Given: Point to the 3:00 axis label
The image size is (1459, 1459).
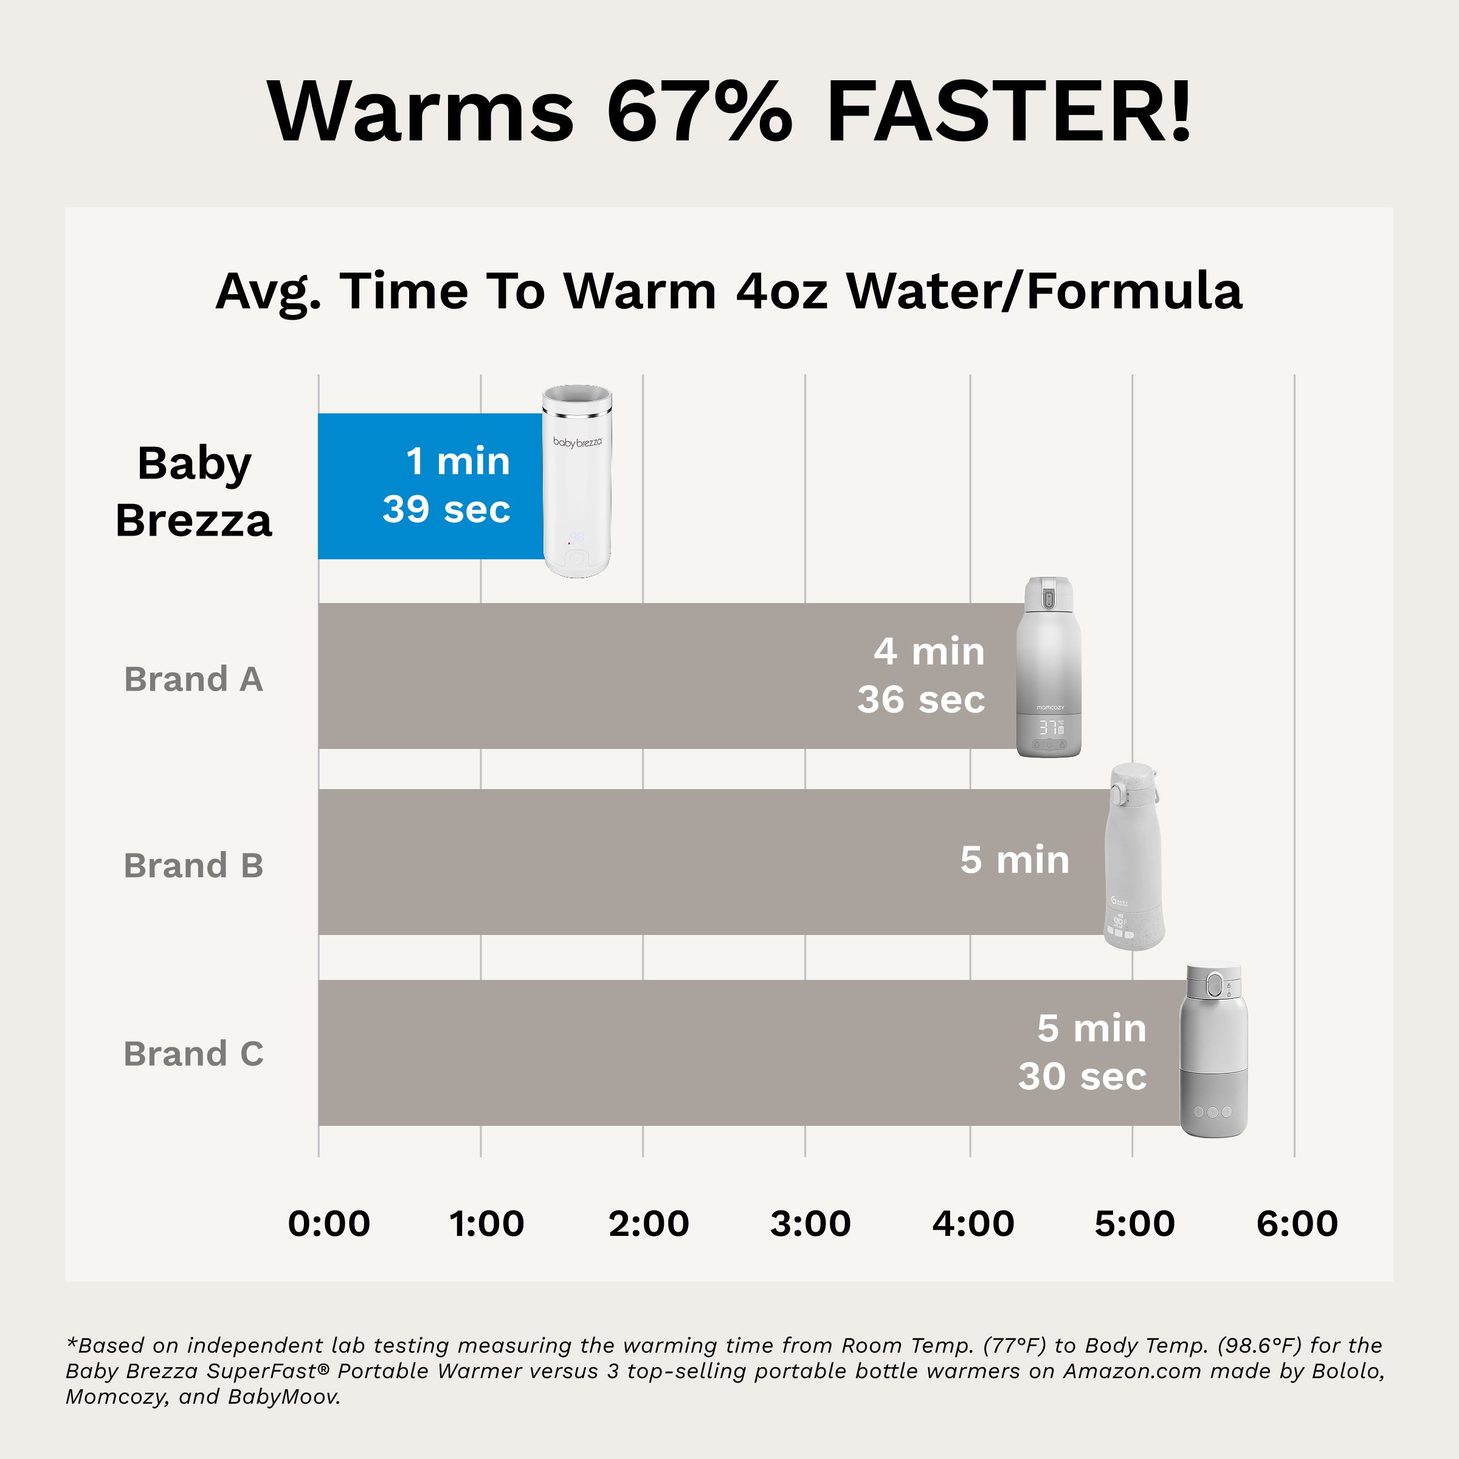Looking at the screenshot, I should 810,1223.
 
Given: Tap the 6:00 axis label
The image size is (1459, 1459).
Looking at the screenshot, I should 1297,1223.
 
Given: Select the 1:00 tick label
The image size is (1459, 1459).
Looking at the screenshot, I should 486,1223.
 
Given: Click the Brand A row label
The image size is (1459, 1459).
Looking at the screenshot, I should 193,679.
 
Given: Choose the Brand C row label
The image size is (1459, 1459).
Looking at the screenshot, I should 193,1054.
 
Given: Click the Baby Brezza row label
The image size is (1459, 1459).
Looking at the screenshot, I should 193,492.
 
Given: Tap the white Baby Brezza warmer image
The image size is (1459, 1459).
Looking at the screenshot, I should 577,483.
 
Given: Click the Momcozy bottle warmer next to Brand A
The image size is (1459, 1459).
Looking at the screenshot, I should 1049,668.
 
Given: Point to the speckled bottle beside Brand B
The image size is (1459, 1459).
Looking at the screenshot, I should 1133,857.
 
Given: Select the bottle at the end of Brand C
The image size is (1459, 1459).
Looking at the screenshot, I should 1213,1050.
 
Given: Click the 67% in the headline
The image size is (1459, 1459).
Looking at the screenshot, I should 699,112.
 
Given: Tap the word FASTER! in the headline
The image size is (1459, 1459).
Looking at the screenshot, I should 1008,112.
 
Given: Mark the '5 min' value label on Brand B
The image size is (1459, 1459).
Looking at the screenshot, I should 1014,860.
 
